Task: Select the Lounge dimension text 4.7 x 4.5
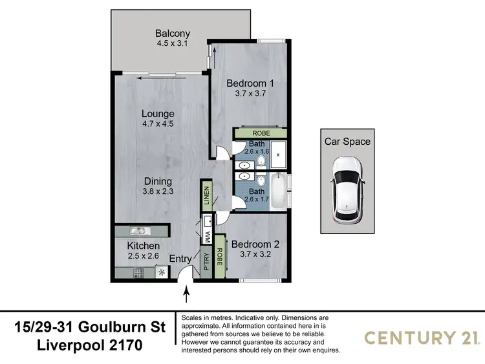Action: pyautogui.click(x=158, y=125)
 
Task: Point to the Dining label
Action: pyautogui.click(x=158, y=181)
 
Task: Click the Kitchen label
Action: pyautogui.click(x=143, y=246)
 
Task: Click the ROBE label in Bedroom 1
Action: pyautogui.click(x=259, y=133)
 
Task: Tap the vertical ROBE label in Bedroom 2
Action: pyautogui.click(x=220, y=256)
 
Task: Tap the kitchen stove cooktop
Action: pyautogui.click(x=139, y=273)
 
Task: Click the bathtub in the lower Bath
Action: pyautogui.click(x=276, y=191)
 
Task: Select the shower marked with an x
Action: pyautogui.click(x=277, y=155)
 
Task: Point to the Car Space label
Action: pyautogui.click(x=348, y=141)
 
